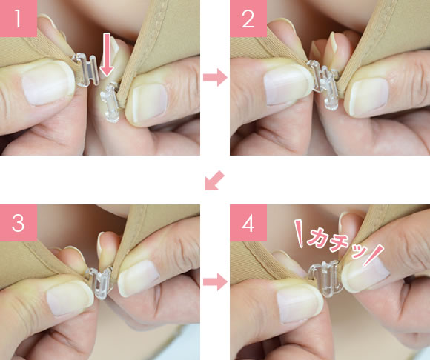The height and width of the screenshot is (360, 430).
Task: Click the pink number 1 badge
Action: point(19,19)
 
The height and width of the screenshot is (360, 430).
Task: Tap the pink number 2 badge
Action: point(248,19)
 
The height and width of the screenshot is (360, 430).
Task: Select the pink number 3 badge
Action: point(19,223)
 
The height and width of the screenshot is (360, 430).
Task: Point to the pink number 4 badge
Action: point(248,223)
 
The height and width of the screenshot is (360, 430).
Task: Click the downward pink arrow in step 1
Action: point(107,55)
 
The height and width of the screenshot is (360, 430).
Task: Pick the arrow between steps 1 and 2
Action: point(215,78)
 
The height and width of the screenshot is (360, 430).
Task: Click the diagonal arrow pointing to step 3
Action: point(214,180)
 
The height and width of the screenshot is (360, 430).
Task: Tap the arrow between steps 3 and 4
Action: point(215,281)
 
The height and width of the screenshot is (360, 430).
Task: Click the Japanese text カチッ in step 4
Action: point(337,242)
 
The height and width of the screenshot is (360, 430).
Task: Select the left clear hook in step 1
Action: point(85,70)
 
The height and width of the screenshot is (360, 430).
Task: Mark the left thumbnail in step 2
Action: point(287,87)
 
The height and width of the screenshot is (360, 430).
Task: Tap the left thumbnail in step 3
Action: point(68,299)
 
